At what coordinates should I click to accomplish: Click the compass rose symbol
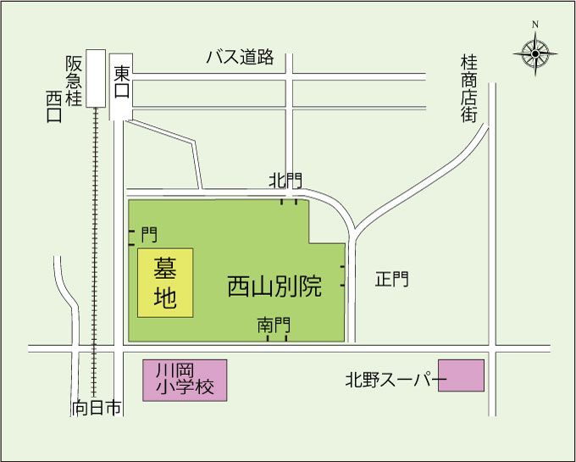point(535,53)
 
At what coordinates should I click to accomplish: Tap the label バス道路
point(241,57)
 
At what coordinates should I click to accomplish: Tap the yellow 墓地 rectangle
point(165,283)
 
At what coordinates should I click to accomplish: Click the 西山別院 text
point(274,287)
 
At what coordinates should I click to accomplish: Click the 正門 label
point(392,279)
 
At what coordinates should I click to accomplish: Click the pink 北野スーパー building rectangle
point(461,376)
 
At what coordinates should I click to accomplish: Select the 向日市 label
point(97,409)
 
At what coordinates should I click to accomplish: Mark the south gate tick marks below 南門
point(277,338)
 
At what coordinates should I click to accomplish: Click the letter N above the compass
point(535,25)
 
